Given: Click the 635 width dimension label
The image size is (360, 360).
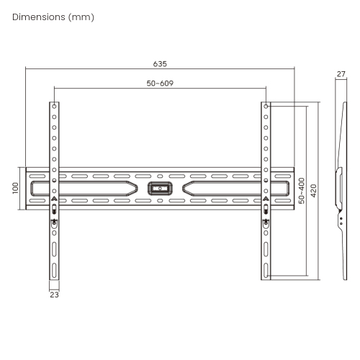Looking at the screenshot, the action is pos(160,64).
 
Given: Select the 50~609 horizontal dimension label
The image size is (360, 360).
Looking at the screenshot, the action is pos(160,84).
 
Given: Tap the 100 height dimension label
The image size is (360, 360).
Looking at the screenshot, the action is pos(15,188).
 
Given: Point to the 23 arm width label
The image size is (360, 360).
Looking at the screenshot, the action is pos(54,294).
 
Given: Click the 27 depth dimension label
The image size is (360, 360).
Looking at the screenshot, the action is pos(341,74).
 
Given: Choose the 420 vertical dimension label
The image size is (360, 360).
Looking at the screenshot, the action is pos(314,191).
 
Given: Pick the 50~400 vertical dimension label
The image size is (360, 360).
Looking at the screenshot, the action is pos(302,191).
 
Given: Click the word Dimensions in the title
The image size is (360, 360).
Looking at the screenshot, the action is pos(39,17).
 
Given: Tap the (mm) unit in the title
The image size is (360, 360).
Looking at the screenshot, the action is pos(81,17).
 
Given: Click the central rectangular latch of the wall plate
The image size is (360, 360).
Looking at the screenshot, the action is pos(160,189).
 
